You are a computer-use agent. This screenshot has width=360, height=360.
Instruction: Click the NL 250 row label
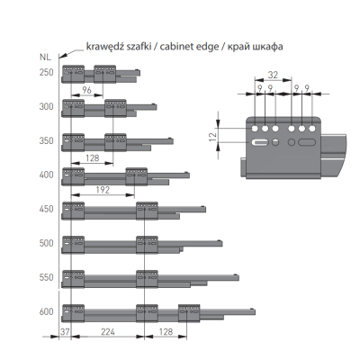tap(46, 72)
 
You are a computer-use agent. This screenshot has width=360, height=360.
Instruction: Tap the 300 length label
tap(46, 106)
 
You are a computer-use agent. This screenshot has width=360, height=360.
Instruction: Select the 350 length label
tap(46, 140)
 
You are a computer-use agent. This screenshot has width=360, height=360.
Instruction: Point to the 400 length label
tap(46, 175)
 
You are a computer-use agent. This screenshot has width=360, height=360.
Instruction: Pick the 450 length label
tap(46, 209)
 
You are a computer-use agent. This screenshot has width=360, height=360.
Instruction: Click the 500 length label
tap(46, 243)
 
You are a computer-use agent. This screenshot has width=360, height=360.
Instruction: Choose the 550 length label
tap(46, 277)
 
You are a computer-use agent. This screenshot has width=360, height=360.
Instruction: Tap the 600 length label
tap(46, 311)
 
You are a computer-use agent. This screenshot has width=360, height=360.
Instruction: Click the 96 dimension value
tap(86, 90)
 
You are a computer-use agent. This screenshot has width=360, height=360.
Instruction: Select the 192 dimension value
tap(103, 190)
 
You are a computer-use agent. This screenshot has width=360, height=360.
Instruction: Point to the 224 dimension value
tap(108, 332)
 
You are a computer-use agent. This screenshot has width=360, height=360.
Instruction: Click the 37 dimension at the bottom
tap(65, 332)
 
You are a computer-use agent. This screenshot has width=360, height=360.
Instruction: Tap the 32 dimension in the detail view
tap(273, 75)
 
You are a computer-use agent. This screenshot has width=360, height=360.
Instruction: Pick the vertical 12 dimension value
tap(212, 137)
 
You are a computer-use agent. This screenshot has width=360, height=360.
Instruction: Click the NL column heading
tap(45, 57)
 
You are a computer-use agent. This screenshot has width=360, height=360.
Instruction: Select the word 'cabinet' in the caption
tap(175, 47)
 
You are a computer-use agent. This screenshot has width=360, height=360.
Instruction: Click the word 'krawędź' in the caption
tap(103, 48)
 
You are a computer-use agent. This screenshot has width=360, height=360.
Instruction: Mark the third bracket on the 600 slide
tap(189, 313)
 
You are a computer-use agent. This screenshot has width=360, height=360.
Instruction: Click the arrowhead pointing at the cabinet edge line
tap(63, 55)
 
